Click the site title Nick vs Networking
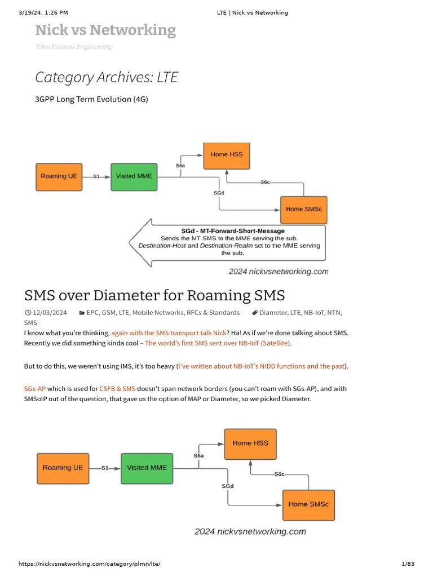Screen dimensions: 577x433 105,30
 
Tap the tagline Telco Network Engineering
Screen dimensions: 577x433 73,47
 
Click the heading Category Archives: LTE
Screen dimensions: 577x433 107,77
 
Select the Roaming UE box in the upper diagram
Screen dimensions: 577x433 59,176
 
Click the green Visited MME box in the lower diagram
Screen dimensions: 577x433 146,468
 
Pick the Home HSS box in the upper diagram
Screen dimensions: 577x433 227,154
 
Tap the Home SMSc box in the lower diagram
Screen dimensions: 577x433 308,504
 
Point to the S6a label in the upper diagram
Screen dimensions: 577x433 180,166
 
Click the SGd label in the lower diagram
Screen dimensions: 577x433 228,486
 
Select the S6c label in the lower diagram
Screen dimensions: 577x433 279,474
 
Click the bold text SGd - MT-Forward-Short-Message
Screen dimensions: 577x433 233,231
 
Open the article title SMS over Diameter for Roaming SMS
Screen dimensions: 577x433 154,295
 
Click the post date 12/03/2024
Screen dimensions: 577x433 50,313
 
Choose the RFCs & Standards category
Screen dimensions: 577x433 216,313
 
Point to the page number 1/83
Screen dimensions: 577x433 407,564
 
